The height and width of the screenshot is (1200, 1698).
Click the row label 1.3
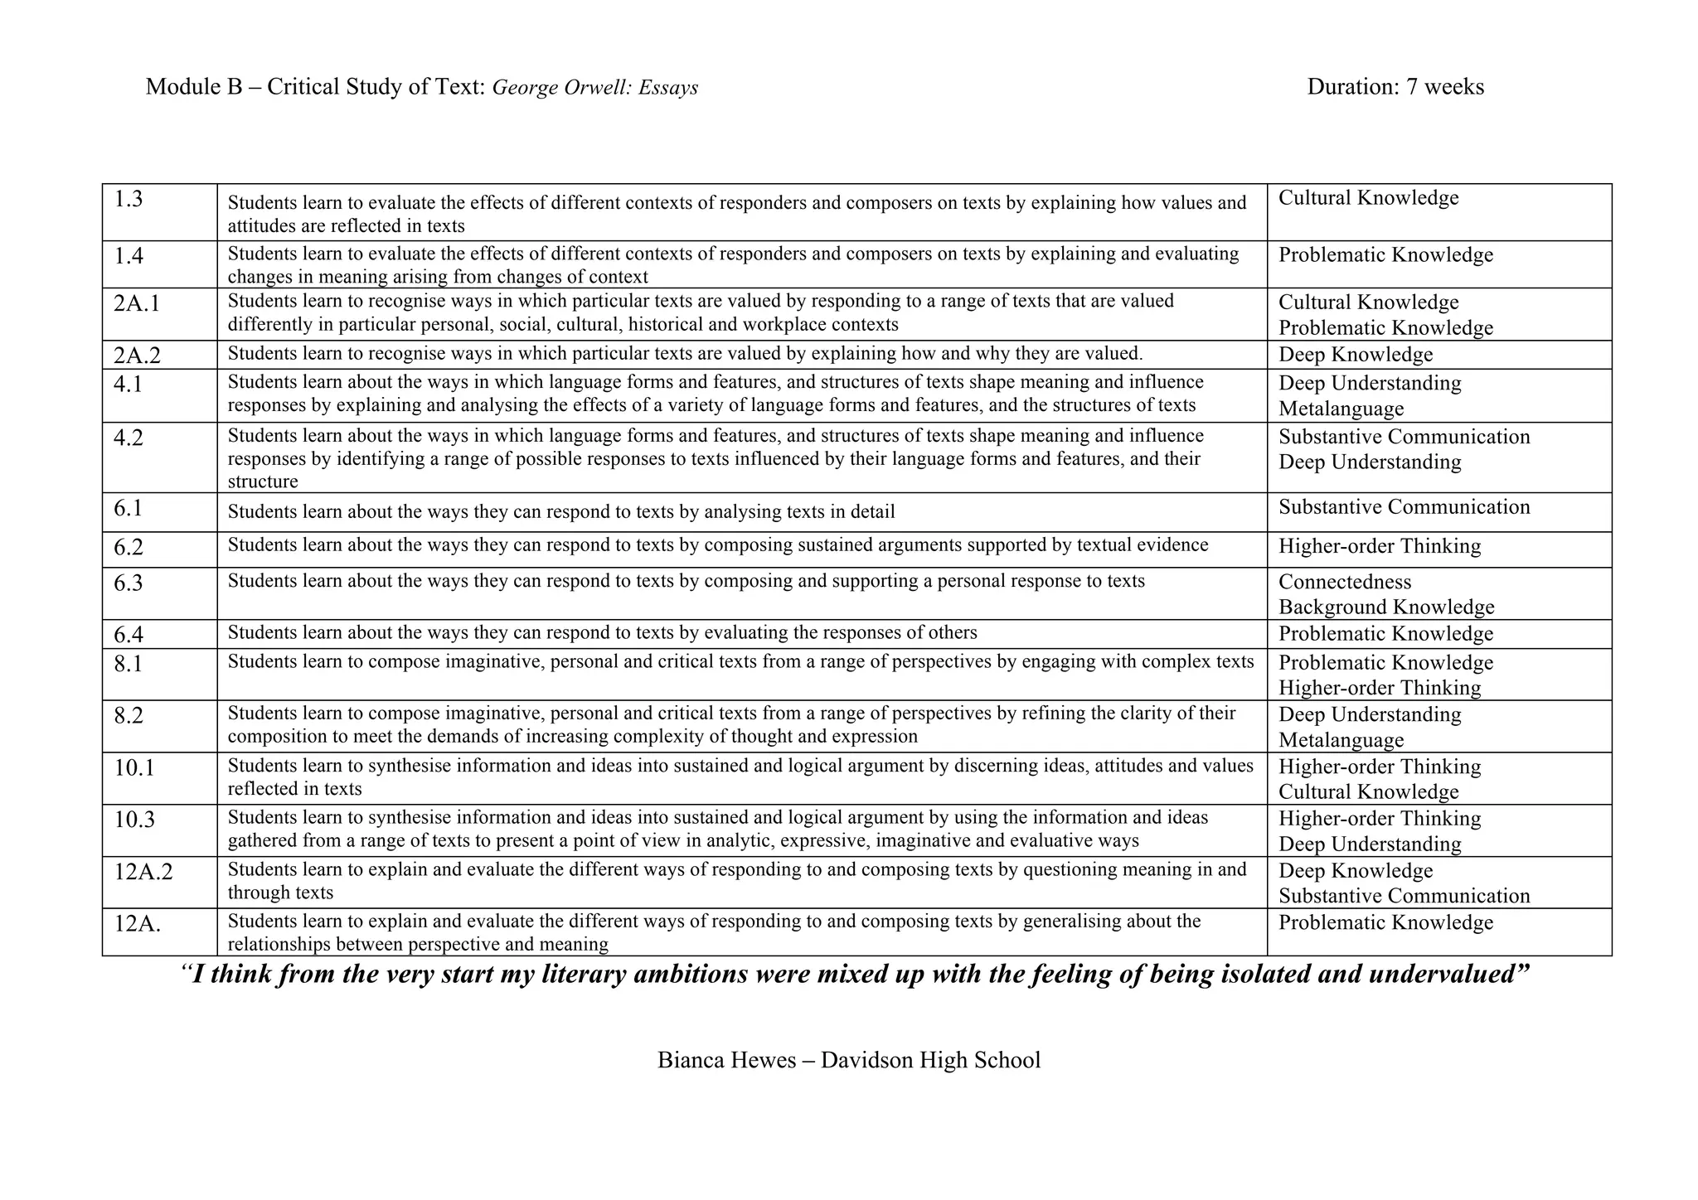click(129, 200)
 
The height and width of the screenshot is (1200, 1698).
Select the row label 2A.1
click(137, 304)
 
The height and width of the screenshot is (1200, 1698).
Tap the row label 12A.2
click(143, 872)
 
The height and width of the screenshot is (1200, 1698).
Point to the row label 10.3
click(134, 820)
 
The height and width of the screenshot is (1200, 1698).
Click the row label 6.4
click(129, 635)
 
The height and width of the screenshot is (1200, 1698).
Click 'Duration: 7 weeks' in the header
click(1395, 87)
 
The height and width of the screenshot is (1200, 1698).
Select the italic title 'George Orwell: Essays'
click(595, 88)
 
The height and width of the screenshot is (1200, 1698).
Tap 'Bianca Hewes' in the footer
click(726, 1060)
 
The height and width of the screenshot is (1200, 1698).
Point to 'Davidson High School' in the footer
click(930, 1060)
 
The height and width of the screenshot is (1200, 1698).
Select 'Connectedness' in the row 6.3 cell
click(1345, 582)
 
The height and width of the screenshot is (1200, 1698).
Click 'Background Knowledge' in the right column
click(1386, 607)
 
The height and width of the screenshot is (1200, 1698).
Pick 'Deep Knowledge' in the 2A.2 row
click(1356, 355)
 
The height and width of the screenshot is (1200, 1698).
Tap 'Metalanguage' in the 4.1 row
click(1341, 409)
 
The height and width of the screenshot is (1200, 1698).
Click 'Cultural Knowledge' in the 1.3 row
click(1368, 198)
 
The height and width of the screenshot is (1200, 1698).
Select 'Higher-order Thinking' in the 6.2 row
click(1380, 546)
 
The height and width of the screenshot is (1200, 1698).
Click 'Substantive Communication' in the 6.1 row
click(1404, 507)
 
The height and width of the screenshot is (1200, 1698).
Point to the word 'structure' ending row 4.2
click(263, 481)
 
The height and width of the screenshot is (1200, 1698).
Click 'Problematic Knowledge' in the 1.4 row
click(1385, 255)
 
